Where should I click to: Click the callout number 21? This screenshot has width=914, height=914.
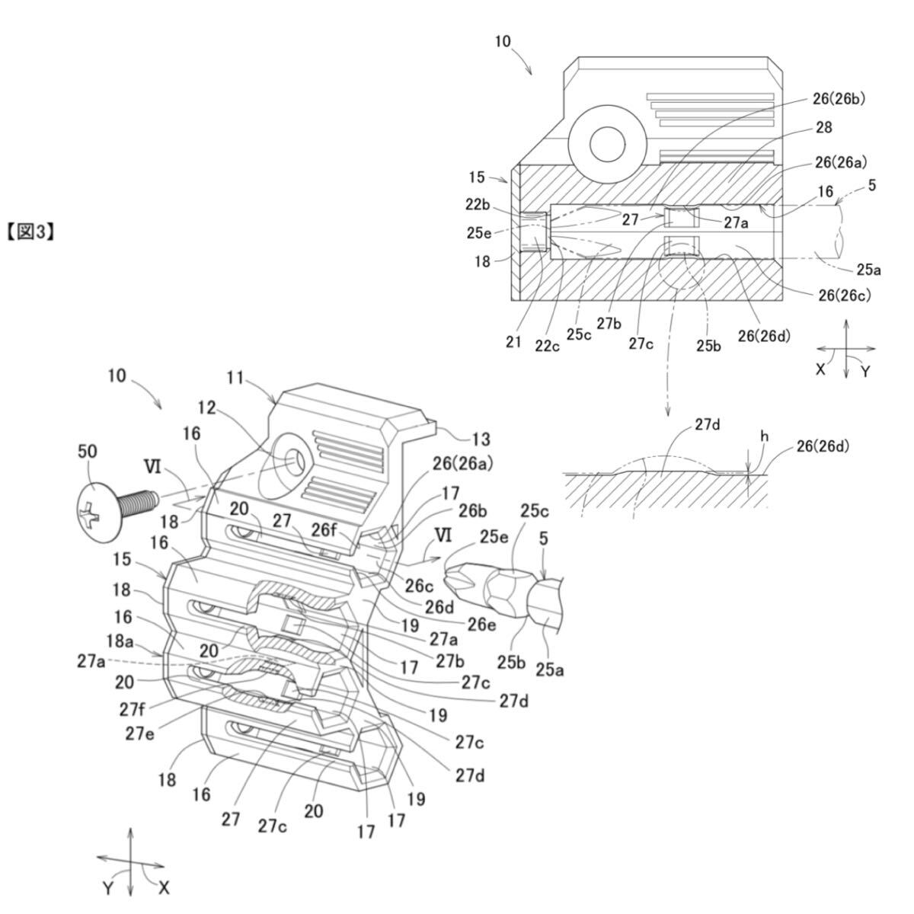pos(514,342)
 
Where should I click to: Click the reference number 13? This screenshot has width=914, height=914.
pos(480,439)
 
